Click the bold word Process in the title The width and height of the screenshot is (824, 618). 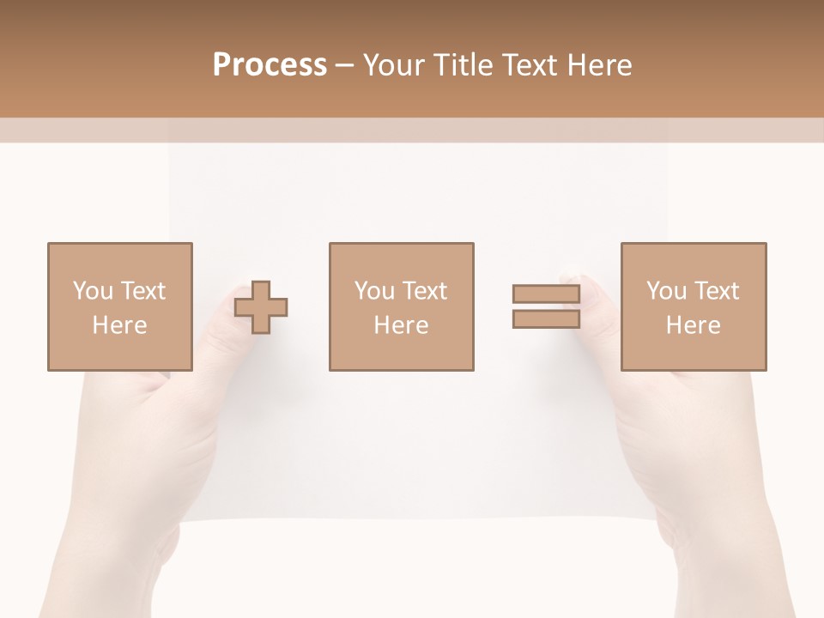point(270,65)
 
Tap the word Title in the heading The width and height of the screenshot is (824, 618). point(463,65)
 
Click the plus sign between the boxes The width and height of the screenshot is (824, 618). point(261,307)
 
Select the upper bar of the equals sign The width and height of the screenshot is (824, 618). point(546,294)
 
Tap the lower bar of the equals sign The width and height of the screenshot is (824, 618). point(546,319)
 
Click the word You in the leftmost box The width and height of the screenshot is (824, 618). point(92,291)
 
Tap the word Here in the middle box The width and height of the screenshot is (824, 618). point(401,325)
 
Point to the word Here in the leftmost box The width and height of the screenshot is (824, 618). point(119,325)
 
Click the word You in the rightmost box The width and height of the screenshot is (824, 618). point(665,291)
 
